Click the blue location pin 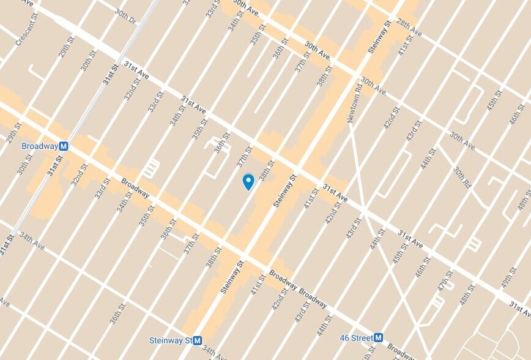[248, 181]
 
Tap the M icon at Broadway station [64, 146]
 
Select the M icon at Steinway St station [198, 340]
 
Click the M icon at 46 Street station [378, 337]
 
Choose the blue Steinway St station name [171, 340]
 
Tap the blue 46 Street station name [356, 337]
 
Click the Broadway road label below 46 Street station [401, 354]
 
